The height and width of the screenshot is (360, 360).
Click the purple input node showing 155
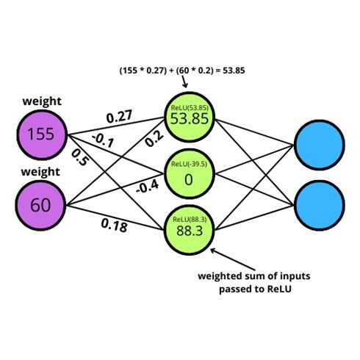42,134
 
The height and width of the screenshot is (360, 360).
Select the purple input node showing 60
40,206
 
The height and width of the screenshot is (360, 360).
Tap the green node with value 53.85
190,117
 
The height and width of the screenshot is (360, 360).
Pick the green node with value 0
189,173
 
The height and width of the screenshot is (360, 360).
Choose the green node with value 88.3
189,230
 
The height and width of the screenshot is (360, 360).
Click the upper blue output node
320,145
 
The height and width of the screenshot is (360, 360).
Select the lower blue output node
320,206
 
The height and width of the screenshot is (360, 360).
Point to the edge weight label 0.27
120,116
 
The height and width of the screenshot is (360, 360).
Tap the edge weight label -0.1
103,140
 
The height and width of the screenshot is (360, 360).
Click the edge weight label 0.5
79,158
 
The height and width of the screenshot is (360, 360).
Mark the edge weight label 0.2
154,139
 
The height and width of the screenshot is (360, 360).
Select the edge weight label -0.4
147,187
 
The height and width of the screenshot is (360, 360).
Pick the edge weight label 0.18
115,226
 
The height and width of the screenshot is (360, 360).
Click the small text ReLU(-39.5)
189,164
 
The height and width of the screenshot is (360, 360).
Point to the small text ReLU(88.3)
190,219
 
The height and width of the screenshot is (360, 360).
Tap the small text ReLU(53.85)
190,108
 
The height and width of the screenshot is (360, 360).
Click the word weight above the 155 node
42,101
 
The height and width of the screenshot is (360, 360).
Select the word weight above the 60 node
40,172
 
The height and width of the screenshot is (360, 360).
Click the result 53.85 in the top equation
234,71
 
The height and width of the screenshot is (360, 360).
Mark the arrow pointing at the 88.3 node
232,259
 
